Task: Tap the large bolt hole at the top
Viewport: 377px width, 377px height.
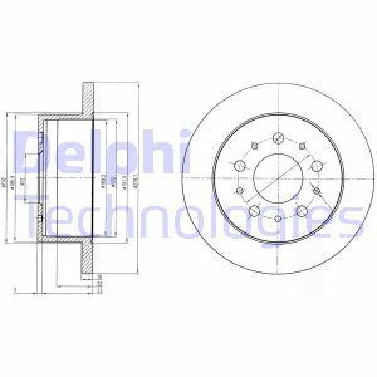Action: (278, 136)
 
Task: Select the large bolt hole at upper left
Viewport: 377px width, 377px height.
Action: (239, 165)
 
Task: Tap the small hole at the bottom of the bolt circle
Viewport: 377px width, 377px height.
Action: (278, 218)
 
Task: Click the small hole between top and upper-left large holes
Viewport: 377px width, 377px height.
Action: (254, 145)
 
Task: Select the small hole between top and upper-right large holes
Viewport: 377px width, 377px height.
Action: (302, 146)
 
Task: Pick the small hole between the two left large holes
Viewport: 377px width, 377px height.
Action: (239, 190)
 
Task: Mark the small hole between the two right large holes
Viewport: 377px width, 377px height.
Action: (316, 190)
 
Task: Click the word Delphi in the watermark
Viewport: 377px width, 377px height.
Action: (101, 150)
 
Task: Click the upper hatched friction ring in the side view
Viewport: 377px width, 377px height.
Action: (87, 101)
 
